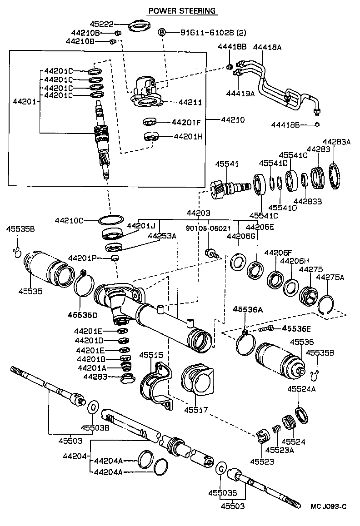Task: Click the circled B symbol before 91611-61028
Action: (161, 32)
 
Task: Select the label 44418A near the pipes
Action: (267, 47)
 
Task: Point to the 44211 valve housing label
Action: (190, 103)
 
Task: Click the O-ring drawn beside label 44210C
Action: (111, 220)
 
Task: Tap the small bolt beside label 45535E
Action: (267, 328)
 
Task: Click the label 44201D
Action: (90, 340)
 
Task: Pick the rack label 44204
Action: (78, 456)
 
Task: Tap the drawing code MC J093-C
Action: (328, 506)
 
